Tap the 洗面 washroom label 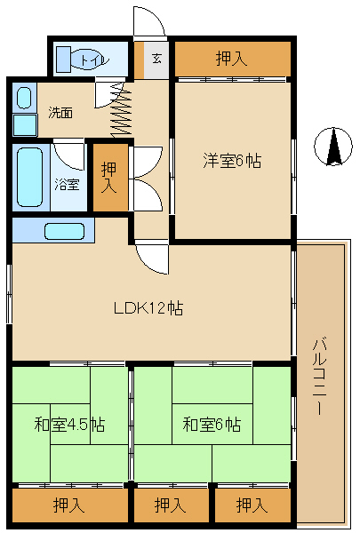60,113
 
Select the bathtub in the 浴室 30,177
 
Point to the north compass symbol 333,147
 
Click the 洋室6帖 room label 232,161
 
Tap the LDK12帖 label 148,308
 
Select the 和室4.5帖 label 69,425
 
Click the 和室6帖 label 212,425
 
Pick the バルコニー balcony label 319,376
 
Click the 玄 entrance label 156,59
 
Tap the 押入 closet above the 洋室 233,59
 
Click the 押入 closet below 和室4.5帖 70,505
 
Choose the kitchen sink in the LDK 64,231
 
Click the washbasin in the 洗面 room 24,98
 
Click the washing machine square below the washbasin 25,125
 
